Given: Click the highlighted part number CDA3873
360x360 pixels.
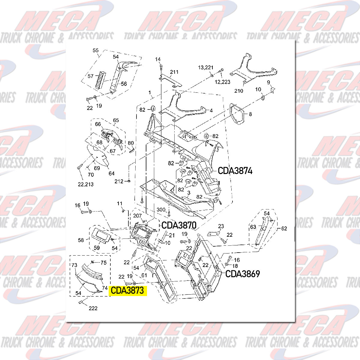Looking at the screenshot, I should tap(127, 291).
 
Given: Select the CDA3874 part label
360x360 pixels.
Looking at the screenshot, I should tap(235, 171).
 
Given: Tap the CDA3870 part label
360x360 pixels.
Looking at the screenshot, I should tap(179, 225).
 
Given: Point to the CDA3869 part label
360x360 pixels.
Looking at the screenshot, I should tap(242, 274).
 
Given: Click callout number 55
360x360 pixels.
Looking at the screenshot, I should tap(96, 50).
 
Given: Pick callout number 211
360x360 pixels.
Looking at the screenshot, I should tap(174, 72).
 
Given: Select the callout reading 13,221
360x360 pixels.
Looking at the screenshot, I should tap(205, 68).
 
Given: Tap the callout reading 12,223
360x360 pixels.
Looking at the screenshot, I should tap(222, 82).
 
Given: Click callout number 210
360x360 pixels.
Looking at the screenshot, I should tap(239, 91).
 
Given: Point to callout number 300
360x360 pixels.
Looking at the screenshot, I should tap(161, 210).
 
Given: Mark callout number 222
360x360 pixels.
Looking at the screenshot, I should tap(93, 308).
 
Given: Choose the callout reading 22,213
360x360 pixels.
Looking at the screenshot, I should tap(86, 184).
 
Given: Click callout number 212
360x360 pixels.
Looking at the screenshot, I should tap(119, 181).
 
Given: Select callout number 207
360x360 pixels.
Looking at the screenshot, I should tap(137, 216).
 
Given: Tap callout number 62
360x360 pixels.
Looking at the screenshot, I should tap(284, 228).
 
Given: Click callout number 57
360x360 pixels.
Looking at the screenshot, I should tap(91, 76).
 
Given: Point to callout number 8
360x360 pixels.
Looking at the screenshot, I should tap(250, 114).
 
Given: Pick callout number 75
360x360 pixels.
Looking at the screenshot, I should tap(103, 262).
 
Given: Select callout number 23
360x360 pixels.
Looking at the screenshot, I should tap(221, 226).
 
